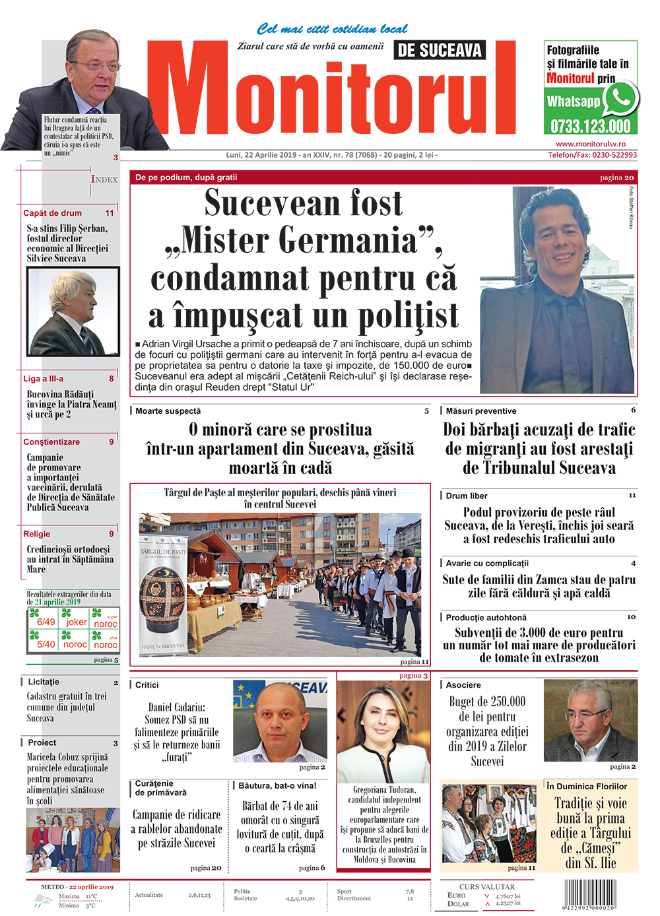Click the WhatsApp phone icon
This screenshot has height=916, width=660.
coord(621,99)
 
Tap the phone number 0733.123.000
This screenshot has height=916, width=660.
coord(590,126)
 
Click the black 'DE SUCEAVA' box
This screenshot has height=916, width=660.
coord(440,50)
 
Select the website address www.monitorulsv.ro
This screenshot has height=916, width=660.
coord(591,144)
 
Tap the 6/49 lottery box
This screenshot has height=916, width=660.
coord(46,622)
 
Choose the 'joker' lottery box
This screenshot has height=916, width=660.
coord(76,622)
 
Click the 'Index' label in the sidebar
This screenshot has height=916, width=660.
coord(104,180)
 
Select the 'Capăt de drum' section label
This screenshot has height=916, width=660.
coord(53,213)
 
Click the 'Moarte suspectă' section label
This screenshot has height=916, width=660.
coord(168,411)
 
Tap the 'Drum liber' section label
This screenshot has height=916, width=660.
coord(467,496)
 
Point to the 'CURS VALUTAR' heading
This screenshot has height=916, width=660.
coord(486,887)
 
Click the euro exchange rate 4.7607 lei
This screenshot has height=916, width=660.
coord(508,896)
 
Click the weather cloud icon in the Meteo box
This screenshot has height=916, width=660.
coord(44,900)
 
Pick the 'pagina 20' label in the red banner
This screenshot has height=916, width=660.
coord(616,178)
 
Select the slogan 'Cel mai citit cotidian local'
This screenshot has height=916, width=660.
coord(332,29)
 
